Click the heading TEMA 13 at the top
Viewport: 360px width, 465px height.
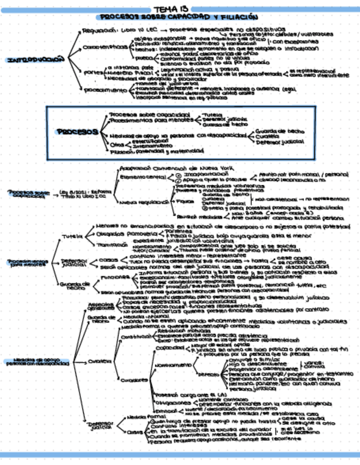click(179, 9)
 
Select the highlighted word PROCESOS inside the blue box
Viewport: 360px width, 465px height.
click(77, 132)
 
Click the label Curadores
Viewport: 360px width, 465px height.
click(131, 379)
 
